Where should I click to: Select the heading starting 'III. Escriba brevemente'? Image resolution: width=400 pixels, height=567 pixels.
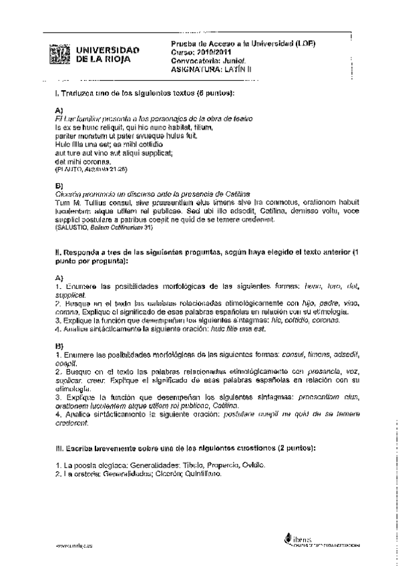coord(186,447)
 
